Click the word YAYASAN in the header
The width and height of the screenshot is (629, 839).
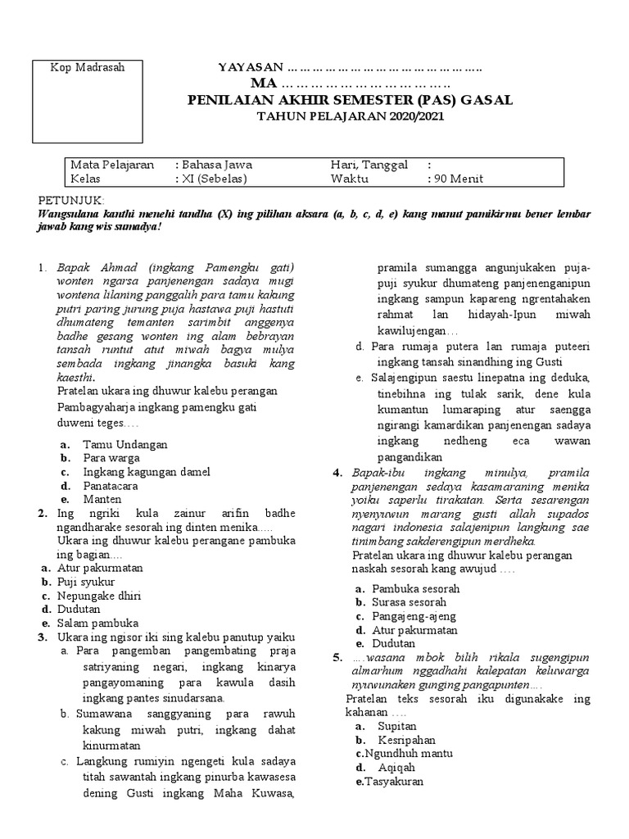click(251, 66)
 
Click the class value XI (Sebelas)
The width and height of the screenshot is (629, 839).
click(214, 179)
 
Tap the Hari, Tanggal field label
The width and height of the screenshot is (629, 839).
click(369, 165)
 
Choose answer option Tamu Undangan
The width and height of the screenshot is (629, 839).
click(124, 444)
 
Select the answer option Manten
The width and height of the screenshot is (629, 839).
click(102, 499)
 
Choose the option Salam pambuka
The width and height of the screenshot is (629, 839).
click(97, 623)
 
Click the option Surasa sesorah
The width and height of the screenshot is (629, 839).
click(410, 602)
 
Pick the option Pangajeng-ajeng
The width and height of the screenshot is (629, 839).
click(414, 616)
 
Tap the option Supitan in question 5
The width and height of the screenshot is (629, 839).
click(397, 726)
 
